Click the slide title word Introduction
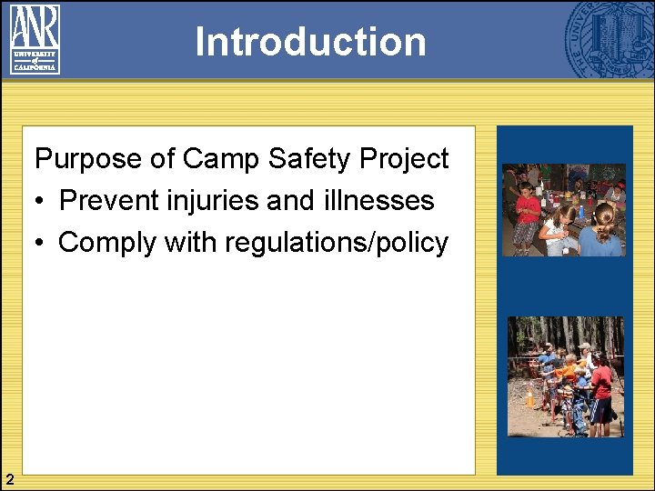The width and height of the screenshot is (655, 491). pyautogui.click(x=310, y=42)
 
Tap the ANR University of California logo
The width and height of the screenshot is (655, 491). pyautogui.click(x=35, y=38)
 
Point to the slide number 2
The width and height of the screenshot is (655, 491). pyautogui.click(x=8, y=479)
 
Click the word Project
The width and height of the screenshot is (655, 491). pyautogui.click(x=405, y=159)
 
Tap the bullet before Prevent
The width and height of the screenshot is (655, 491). pyautogui.click(x=40, y=201)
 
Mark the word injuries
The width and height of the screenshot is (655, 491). pyautogui.click(x=212, y=201)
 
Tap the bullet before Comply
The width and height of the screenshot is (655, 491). pyautogui.click(x=40, y=243)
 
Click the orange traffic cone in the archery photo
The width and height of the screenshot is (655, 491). pyautogui.click(x=529, y=396)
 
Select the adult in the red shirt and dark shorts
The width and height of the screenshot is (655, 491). pyautogui.click(x=601, y=391)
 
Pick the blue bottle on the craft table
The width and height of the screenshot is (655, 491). pyautogui.click(x=581, y=210)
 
